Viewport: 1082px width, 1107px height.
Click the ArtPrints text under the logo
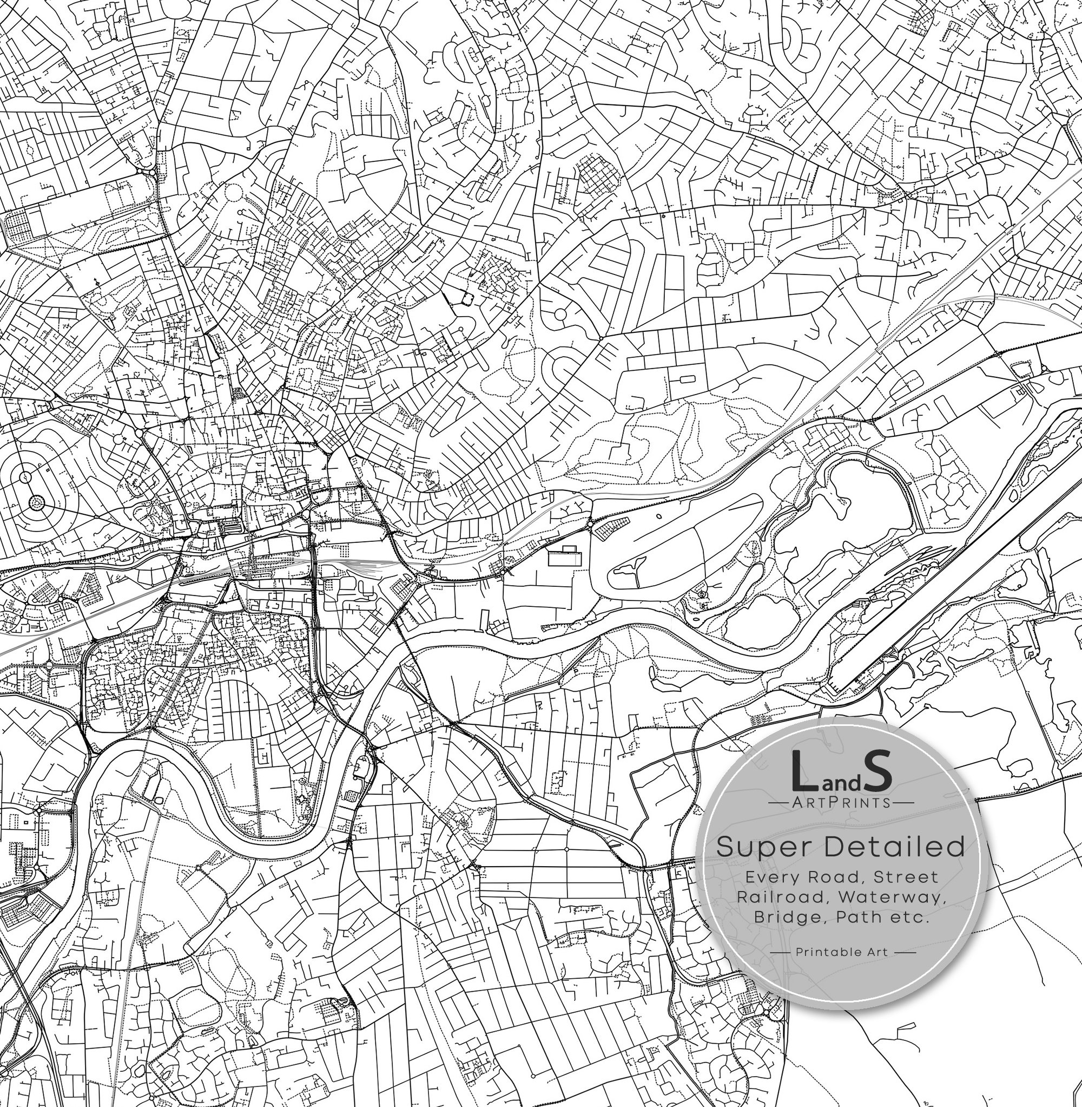[841, 802]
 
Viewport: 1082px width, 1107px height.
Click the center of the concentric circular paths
[36, 502]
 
